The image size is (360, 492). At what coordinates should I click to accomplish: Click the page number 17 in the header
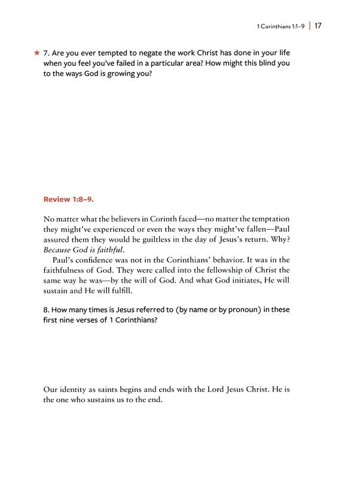pos(318,26)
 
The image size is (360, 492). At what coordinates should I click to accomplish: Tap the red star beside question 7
pos(37,53)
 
